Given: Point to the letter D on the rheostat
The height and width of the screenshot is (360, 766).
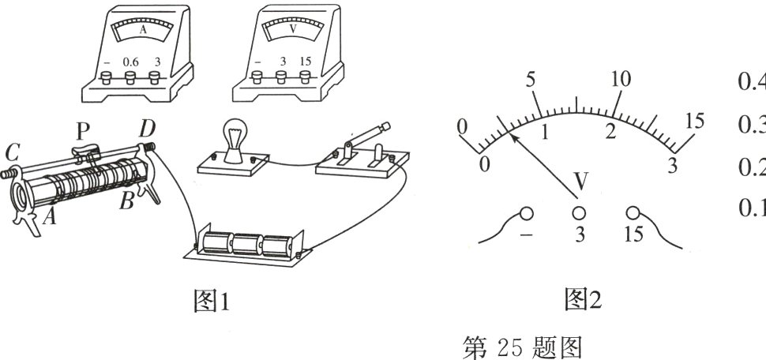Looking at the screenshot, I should [x=147, y=127].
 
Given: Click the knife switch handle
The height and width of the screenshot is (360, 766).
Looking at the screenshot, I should [x=366, y=133].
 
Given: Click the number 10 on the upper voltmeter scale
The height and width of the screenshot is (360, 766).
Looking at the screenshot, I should [x=621, y=79].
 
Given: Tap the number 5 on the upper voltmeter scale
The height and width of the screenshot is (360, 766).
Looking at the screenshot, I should [x=530, y=80].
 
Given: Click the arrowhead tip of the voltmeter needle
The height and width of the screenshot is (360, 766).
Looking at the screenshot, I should [x=512, y=136].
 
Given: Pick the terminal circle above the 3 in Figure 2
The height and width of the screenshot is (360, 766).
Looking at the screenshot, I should [x=579, y=213].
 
